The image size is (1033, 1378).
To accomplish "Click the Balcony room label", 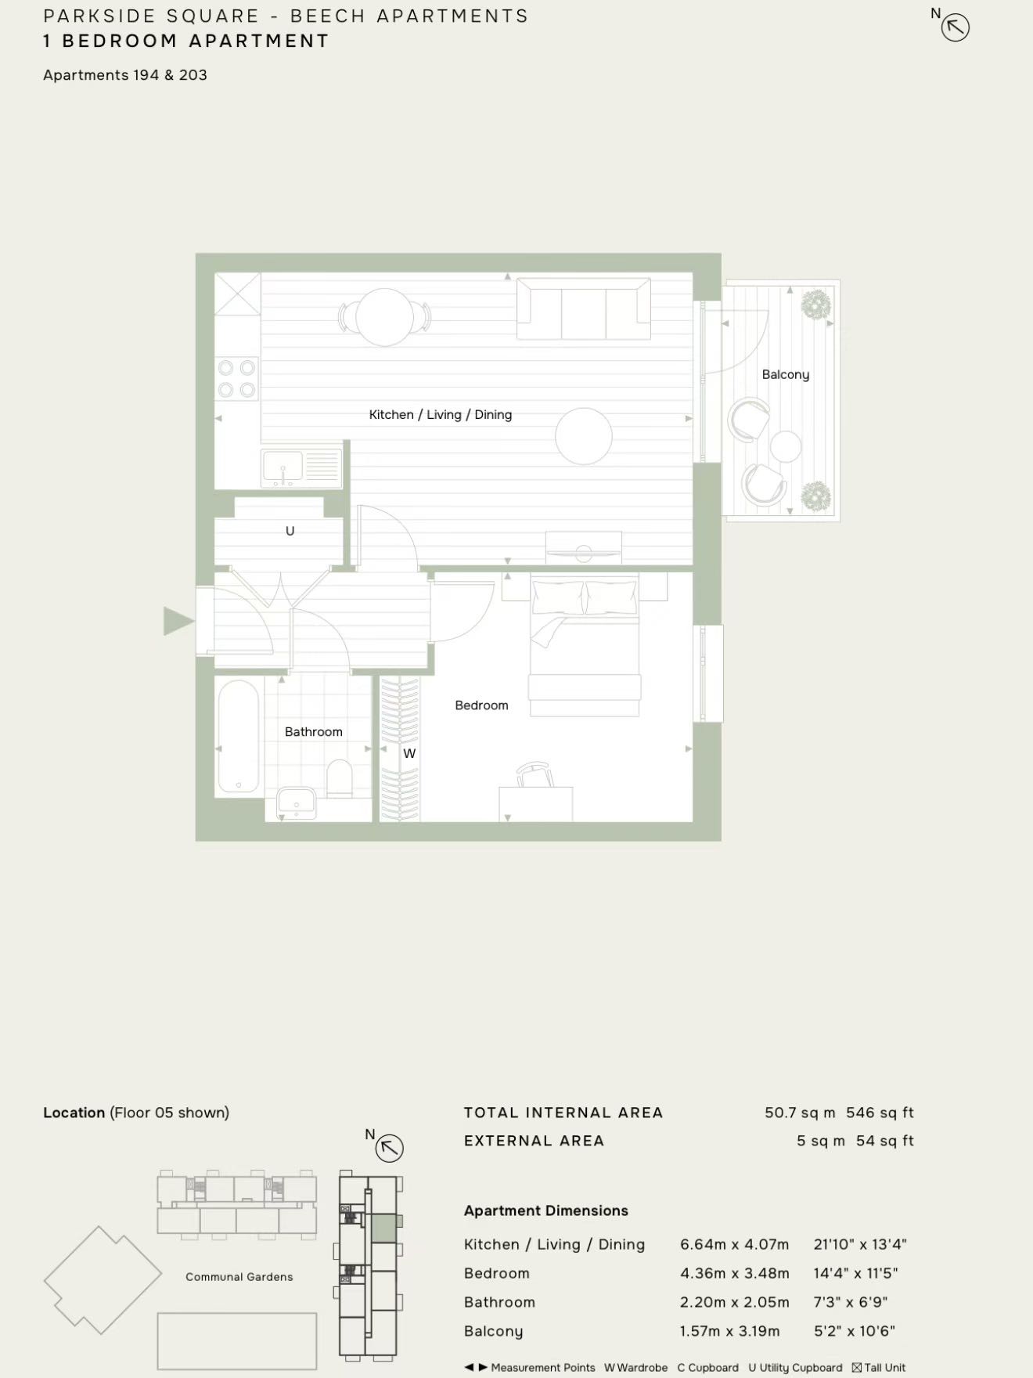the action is (x=786, y=374).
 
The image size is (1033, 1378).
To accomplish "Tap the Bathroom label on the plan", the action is (x=314, y=731).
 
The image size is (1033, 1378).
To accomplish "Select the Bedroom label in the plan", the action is (x=481, y=705).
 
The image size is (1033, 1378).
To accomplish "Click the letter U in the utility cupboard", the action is (x=290, y=531).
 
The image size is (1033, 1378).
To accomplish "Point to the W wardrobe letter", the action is (x=409, y=753).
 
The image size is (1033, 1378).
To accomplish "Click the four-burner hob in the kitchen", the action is (x=236, y=378).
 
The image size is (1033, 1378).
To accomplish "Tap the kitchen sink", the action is (x=302, y=468).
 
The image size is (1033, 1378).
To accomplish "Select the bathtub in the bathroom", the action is (x=238, y=736).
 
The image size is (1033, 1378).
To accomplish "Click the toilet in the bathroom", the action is (x=340, y=777).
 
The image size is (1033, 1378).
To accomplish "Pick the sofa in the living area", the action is (x=583, y=310).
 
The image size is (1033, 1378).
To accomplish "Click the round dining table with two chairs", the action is (x=384, y=317).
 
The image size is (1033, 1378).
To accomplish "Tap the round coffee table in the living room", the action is (x=584, y=436).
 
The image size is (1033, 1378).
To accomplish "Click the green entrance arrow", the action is (x=178, y=621).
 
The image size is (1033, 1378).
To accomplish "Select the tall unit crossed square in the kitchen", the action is (x=237, y=294).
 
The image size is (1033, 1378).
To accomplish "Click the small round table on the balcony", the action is (x=786, y=447).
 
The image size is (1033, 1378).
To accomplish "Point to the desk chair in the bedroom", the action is (x=534, y=774).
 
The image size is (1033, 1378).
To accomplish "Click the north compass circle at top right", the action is (x=956, y=28).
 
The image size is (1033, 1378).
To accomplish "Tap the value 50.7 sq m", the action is (x=800, y=1113).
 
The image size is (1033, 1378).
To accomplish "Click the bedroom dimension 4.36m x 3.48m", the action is (x=735, y=1273).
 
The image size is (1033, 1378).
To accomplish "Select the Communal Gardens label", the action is (x=239, y=1276).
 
